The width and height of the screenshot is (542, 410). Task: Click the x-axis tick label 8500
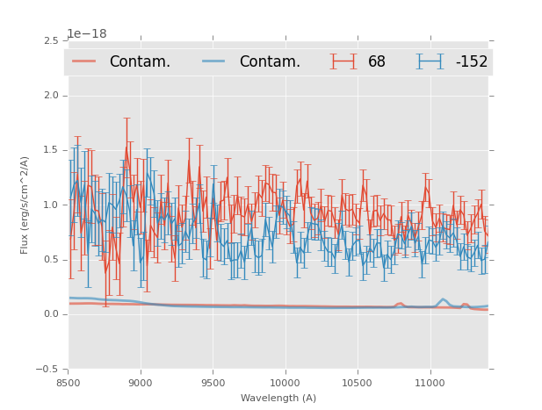click(69, 384)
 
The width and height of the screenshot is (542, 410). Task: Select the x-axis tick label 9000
click(141, 384)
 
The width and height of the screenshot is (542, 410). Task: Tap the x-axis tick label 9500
click(213, 384)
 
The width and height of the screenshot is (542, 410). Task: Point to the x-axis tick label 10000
click(285, 384)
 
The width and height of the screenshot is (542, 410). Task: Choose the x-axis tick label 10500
click(358, 384)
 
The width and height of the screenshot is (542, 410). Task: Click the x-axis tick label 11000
click(430, 384)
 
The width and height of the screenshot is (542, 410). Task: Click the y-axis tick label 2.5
click(50, 41)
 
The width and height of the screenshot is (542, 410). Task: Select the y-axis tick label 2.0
click(50, 96)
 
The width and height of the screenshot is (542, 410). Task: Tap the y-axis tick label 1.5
click(50, 150)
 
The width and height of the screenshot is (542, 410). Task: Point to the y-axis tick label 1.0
click(50, 205)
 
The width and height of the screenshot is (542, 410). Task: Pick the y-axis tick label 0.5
click(50, 260)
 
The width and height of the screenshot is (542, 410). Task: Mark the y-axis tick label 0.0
click(50, 314)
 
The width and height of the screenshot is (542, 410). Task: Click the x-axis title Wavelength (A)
click(278, 398)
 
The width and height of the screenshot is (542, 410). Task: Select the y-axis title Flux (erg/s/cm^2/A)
click(25, 205)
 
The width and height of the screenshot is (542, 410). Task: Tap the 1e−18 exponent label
click(86, 34)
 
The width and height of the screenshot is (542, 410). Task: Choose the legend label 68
click(377, 62)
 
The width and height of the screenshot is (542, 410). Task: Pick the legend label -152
click(471, 62)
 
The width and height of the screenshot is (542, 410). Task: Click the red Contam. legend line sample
click(84, 61)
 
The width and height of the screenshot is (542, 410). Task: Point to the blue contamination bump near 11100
click(444, 300)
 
